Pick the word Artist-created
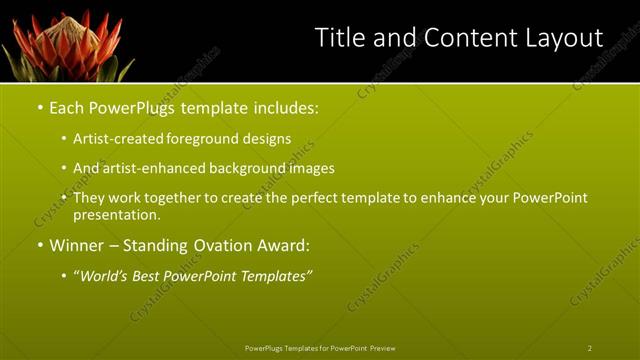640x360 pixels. point(117,139)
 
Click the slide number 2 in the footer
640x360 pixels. point(590,347)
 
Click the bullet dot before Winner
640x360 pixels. point(39,245)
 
